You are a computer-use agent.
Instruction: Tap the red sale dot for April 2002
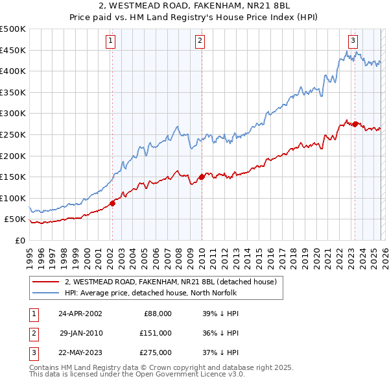coord(112,203)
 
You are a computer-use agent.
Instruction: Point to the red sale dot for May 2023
coord(355,123)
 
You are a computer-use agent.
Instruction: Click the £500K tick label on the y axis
coord(13,29)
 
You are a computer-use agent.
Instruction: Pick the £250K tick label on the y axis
coord(13,134)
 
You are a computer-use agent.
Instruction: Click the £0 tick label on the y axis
coord(19,240)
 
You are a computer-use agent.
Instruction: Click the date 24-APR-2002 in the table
coord(80,313)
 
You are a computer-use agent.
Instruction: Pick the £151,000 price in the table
coord(156,333)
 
